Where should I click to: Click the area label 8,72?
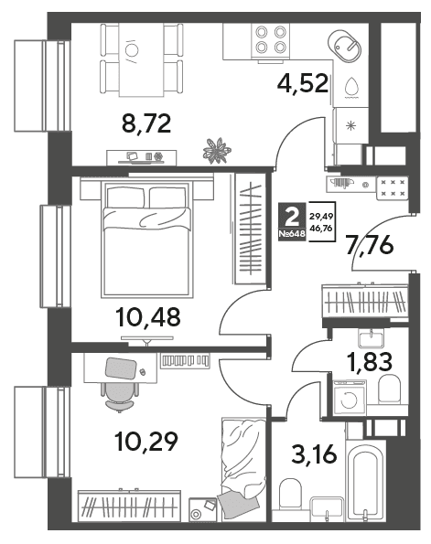tap(146, 123)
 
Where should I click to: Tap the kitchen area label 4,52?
tap(303, 83)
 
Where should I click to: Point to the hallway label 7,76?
tap(371, 246)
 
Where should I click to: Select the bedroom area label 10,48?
tap(149, 317)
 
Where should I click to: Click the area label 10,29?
tap(146, 442)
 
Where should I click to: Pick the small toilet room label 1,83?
tap(370, 361)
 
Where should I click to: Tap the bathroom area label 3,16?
tap(314, 454)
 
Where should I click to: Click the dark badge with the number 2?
tap(292, 221)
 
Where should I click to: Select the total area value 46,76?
tap(321, 229)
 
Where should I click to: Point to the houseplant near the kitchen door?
tap(217, 150)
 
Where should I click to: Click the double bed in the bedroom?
tap(147, 239)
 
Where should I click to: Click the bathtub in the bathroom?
tap(366, 479)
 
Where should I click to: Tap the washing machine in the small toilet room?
tap(350, 398)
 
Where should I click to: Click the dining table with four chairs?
tap(141, 59)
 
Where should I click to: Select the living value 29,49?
tap(321, 217)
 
